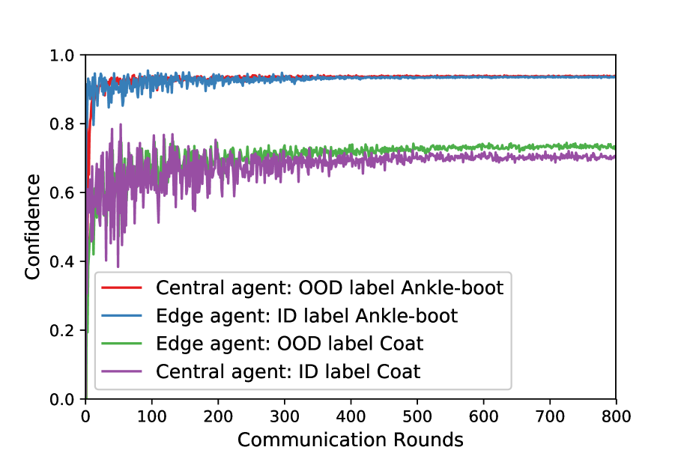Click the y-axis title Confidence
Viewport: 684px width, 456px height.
32,227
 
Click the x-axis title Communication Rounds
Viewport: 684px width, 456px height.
351,440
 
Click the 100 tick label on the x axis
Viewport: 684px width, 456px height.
152,414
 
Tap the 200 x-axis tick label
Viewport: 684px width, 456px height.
218,414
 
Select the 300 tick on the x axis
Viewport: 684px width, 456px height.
285,414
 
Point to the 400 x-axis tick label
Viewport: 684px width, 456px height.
351,414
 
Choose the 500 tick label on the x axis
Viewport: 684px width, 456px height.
417,414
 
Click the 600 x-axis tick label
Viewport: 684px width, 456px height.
483,414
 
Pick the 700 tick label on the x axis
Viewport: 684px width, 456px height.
550,414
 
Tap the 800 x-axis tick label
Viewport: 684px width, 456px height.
616,414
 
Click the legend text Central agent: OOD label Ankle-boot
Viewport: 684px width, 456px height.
329,288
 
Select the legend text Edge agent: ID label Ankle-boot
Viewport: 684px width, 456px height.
306,315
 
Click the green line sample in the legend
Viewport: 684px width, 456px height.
122,343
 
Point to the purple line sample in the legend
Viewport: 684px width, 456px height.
122,371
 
